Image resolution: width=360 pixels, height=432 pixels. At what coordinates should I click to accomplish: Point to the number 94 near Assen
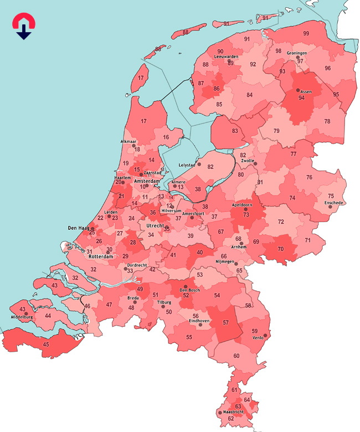[x=301, y=98]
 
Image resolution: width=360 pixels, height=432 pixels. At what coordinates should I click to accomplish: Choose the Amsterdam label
[x=147, y=181]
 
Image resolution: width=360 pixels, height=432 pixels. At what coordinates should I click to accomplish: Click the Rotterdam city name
[x=101, y=257]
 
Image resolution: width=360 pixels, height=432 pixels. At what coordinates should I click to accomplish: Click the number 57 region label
[x=225, y=322]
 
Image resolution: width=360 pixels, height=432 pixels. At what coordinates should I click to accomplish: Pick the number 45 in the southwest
[x=45, y=345]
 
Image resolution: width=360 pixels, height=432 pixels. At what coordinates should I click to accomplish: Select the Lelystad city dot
[x=199, y=164]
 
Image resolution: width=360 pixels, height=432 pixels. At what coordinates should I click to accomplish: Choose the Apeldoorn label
[x=241, y=205]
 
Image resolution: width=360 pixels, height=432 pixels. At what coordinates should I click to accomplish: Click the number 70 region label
[x=280, y=249]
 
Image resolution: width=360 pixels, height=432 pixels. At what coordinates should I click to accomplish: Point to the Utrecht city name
[x=152, y=226]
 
